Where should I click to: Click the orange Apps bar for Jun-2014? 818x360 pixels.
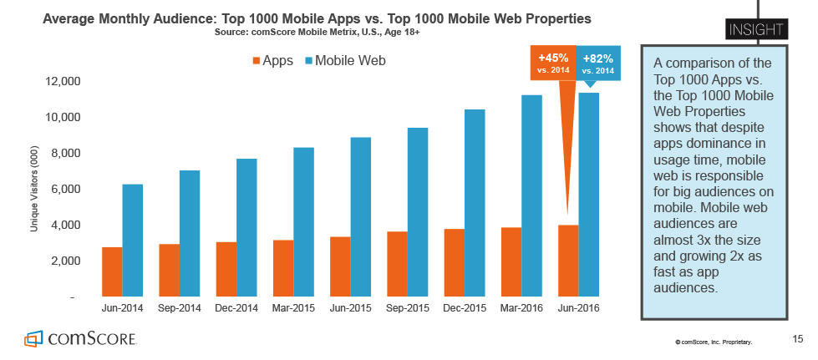[112, 271]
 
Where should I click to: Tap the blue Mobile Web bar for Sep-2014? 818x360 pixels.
[190, 233]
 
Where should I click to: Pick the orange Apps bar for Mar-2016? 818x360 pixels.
[511, 261]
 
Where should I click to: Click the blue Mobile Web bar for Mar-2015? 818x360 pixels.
[303, 221]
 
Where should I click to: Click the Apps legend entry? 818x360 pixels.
[272, 60]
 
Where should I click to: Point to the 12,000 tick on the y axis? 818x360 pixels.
[58, 82]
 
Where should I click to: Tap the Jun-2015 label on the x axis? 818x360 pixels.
[349, 308]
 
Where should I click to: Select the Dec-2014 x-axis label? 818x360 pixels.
[236, 308]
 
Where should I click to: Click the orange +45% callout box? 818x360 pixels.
[553, 63]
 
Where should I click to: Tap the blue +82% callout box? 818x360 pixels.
[598, 63]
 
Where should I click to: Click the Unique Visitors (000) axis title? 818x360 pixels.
[35, 190]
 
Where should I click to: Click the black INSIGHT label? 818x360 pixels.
[758, 30]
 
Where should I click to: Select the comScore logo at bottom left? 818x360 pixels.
[80, 339]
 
